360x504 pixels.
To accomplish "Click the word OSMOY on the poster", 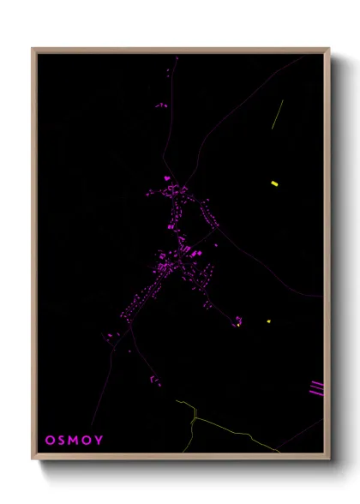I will click(75, 441).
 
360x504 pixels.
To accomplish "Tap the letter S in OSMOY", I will click(60, 441).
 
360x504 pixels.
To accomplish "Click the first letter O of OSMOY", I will click(48, 441).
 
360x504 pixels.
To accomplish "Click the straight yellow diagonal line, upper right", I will click(277, 114).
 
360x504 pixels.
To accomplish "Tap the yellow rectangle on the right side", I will click(274, 183).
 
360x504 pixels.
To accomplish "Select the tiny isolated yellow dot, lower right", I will click(268, 321).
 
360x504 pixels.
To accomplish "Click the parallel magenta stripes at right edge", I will click(317, 387).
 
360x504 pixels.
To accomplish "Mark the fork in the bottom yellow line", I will click(195, 417).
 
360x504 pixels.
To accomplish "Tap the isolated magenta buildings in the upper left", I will click(160, 105).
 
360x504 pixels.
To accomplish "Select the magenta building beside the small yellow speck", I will click(238, 321).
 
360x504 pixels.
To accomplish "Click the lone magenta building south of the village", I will click(155, 380).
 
